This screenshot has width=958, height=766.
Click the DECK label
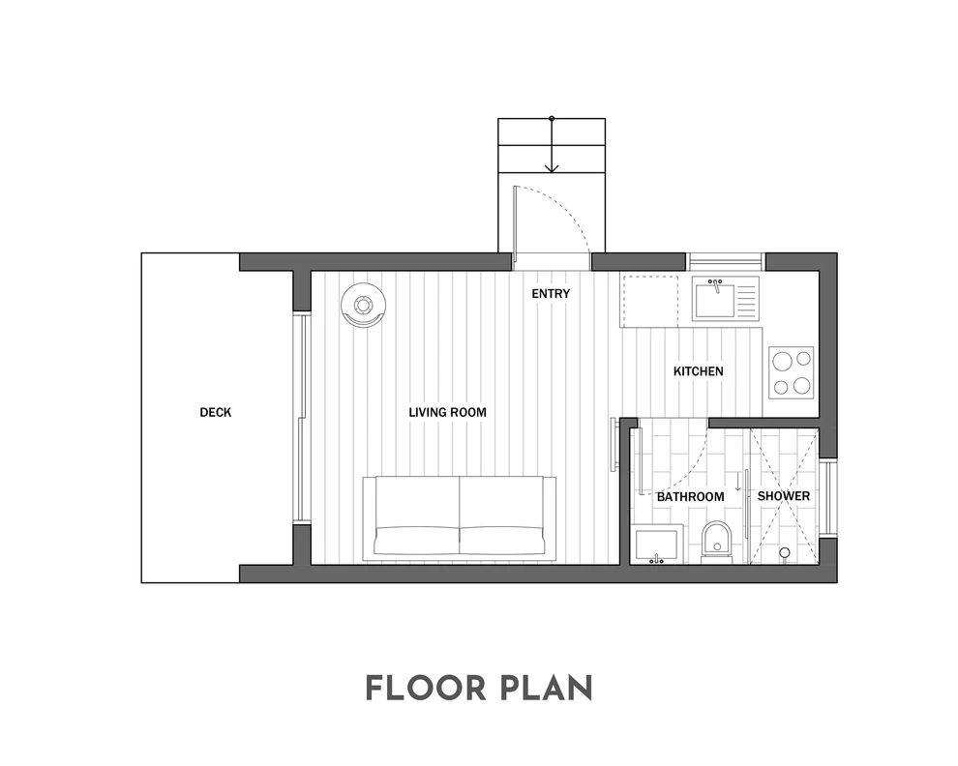(216, 412)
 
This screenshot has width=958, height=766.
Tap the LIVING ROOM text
(448, 412)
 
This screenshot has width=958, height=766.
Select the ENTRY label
(551, 294)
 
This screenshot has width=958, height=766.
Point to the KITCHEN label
(699, 371)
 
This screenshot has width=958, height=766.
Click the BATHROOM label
(690, 496)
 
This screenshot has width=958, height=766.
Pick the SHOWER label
(784, 496)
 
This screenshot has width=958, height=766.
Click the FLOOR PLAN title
(479, 688)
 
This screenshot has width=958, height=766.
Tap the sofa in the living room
(460, 518)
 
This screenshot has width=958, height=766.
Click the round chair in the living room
(364, 306)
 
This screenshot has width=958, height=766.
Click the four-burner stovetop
(792, 372)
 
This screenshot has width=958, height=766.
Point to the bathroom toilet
(716, 542)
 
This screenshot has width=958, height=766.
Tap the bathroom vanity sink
(657, 544)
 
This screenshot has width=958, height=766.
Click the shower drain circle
(785, 553)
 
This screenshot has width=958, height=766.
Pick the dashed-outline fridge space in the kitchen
(650, 301)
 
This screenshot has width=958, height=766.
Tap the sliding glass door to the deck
(300, 419)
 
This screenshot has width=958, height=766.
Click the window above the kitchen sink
(725, 261)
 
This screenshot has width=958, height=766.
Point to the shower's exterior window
(828, 498)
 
